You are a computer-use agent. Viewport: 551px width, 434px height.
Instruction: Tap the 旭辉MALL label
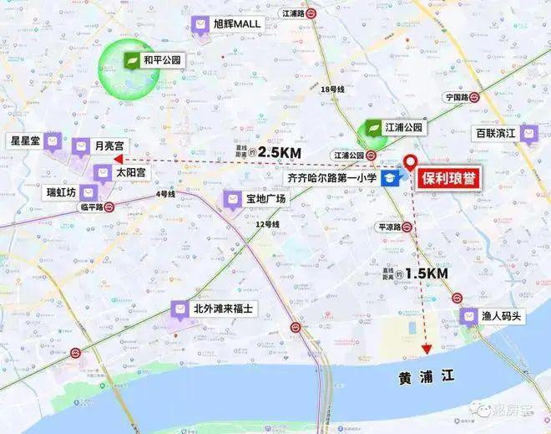click(x=237, y=24)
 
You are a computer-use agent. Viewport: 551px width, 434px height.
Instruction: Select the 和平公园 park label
click(x=163, y=60)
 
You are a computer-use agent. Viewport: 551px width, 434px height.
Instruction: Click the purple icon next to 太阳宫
click(x=103, y=172)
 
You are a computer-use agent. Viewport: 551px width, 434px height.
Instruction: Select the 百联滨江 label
click(x=496, y=132)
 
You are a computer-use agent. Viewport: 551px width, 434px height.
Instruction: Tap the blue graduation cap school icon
click(x=390, y=178)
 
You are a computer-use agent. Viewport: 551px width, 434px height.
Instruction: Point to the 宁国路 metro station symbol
click(x=473, y=96)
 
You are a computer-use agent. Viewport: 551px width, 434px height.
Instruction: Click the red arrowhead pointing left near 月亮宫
click(x=118, y=157)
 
